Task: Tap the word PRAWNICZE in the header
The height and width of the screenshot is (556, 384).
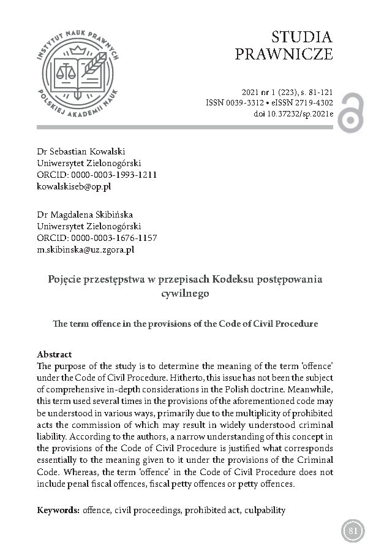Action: (284, 54)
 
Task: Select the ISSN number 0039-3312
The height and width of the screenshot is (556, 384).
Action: (244, 103)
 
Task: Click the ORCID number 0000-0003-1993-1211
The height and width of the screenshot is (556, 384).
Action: (114, 175)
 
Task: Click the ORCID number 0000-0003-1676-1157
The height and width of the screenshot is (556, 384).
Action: (114, 238)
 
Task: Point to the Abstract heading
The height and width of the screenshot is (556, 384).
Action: (55, 354)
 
